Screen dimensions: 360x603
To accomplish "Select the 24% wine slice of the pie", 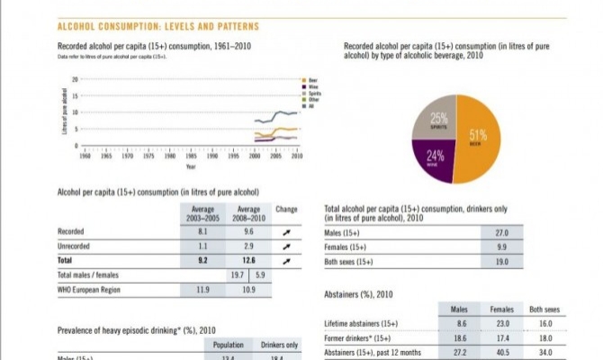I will point(434,156).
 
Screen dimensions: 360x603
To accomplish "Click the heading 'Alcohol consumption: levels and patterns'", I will point(157,27).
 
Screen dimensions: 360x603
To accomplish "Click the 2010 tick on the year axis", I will point(296,156).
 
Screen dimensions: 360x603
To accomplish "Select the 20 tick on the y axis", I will point(75,80).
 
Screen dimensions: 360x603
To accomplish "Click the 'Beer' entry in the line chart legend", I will point(310,80).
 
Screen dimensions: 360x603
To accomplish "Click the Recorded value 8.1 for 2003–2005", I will point(202,231).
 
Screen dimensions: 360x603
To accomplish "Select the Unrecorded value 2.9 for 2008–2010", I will point(248,246).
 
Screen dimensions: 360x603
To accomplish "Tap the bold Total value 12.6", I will point(248,260).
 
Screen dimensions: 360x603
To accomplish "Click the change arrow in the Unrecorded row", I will point(286,246).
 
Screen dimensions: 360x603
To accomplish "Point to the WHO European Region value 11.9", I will point(202,290).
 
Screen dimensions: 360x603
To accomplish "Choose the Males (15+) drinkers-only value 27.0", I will point(501,232).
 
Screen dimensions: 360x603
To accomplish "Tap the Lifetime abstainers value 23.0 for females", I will point(503,323).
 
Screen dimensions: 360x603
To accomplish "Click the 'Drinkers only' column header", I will point(280,345).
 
